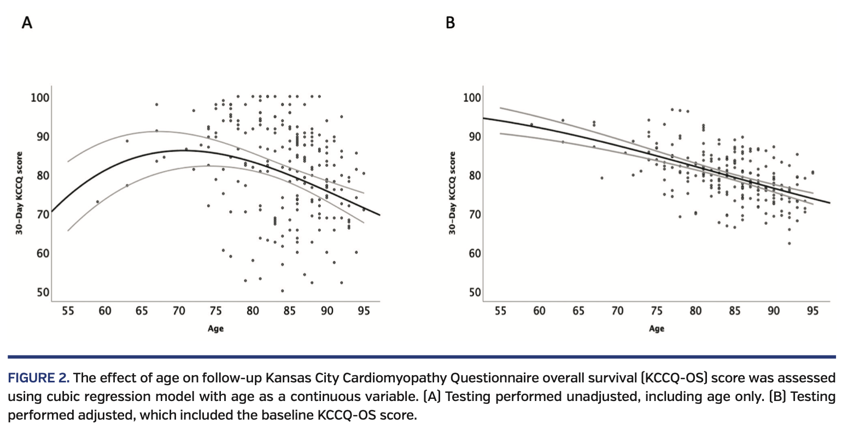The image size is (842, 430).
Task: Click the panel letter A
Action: (26, 23)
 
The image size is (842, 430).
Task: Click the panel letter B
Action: (450, 23)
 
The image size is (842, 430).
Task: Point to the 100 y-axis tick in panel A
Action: (40, 98)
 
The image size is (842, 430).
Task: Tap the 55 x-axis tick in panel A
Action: (67, 311)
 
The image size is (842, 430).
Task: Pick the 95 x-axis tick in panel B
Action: (812, 311)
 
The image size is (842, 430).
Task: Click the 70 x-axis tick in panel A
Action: (179, 311)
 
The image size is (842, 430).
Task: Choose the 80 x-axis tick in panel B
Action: (695, 311)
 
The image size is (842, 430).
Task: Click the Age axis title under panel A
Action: (215, 329)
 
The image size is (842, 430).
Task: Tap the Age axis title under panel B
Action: (657, 329)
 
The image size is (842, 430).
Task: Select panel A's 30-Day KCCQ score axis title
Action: (19, 194)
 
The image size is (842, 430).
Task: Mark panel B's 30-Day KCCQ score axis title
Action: (452, 194)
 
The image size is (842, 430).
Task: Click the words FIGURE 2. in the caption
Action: (38, 378)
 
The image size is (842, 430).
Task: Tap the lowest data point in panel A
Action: (282, 291)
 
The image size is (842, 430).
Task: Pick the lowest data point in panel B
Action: (789, 243)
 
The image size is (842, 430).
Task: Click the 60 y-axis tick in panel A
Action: (43, 253)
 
